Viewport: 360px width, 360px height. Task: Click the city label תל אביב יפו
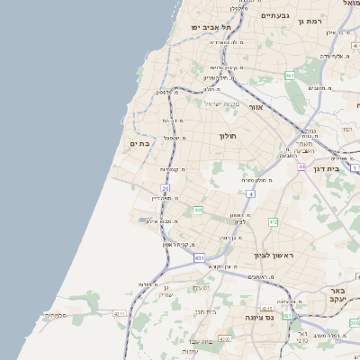[211, 28]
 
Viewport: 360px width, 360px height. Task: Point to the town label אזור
[256, 106]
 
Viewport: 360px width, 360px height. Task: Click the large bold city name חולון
[226, 136]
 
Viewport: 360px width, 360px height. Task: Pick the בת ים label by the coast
[139, 143]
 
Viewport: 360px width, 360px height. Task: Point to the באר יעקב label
[338, 296]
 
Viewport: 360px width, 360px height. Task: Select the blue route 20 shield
[166, 188]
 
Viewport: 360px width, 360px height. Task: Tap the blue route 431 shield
[199, 257]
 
